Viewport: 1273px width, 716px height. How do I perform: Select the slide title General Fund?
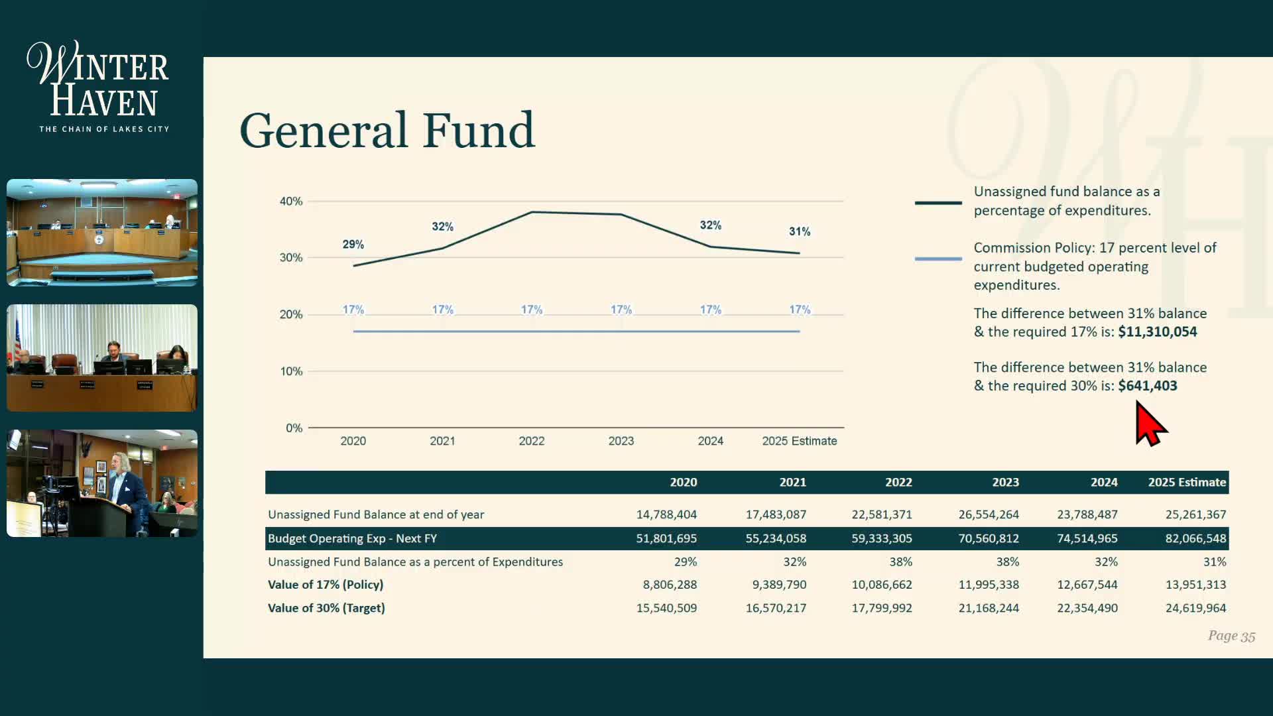pos(387,130)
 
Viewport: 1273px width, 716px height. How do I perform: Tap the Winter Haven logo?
pos(99,87)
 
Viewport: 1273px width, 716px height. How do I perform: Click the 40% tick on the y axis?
pos(290,201)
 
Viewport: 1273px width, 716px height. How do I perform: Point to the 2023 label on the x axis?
pos(621,441)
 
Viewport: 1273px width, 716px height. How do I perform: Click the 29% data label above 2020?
pos(353,245)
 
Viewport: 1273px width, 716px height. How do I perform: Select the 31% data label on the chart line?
pos(799,231)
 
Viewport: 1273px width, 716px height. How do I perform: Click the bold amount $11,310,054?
pos(1157,331)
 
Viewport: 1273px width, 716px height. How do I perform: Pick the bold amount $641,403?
pos(1147,386)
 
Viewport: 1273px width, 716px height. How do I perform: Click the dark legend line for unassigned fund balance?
pos(938,202)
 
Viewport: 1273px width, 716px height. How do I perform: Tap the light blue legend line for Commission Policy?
pos(938,259)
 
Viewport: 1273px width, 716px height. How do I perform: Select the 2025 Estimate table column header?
pos(1186,482)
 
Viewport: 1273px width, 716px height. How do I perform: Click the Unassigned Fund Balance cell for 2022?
pos(881,514)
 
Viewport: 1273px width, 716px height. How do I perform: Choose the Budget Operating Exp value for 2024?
pos(1087,538)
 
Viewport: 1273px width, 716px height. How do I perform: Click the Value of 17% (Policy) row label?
pos(325,585)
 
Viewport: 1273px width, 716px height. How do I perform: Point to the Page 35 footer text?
pos(1231,636)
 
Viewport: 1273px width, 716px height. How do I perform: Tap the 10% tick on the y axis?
pos(290,371)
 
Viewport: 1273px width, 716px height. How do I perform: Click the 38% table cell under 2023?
pos(1006,562)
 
